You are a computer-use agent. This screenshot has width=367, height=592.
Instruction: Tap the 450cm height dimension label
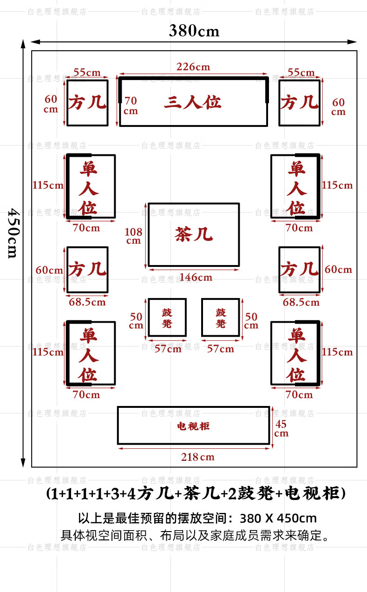(13, 233)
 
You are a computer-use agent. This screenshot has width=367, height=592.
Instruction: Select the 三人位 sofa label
(192, 102)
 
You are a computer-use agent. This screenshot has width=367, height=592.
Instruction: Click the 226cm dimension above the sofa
(193, 67)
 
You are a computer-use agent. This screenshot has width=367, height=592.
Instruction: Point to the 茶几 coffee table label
(194, 234)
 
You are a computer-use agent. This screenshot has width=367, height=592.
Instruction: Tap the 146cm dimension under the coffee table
(196, 278)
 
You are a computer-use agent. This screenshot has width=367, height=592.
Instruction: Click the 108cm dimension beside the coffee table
(133, 236)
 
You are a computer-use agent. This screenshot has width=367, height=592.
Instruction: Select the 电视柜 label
(193, 426)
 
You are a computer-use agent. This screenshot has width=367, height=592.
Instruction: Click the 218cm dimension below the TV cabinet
(197, 457)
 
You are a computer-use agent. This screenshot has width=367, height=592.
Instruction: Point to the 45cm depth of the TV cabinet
(281, 428)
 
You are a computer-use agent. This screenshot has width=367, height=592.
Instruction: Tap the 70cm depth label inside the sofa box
(131, 106)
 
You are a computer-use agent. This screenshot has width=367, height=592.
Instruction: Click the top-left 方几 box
(87, 103)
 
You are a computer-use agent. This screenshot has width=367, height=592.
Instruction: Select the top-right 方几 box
(299, 103)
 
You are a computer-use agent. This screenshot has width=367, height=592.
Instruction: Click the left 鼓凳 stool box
(167, 317)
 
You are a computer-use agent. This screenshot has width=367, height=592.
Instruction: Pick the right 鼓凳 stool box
(221, 317)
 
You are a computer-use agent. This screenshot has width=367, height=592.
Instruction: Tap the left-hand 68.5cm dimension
(87, 302)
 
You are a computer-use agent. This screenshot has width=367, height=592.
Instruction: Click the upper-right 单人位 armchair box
(296, 186)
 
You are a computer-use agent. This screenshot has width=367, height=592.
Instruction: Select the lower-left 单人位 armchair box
(91, 353)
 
